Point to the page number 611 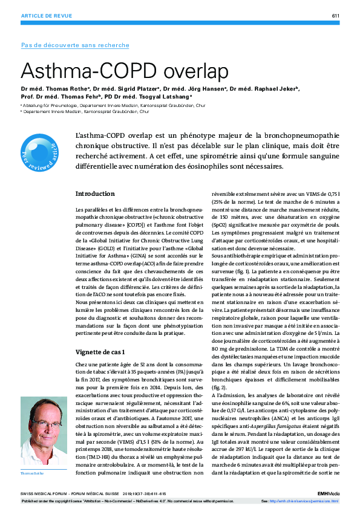coord(335,15)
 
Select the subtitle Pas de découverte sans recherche coord(75,45)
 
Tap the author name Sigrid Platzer coord(128,89)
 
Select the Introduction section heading coord(95,193)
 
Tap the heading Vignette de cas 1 coord(100,351)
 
